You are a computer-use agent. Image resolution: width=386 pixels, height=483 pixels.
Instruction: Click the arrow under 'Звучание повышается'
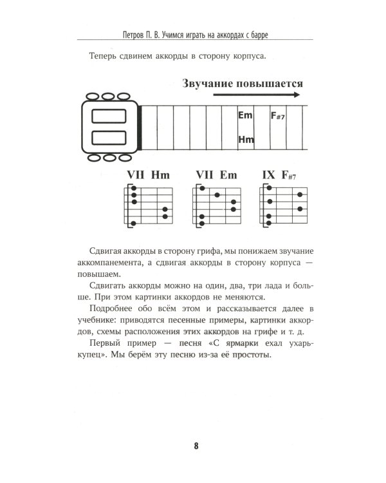[256, 95]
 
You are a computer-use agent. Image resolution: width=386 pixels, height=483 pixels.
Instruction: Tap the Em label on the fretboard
[245, 115]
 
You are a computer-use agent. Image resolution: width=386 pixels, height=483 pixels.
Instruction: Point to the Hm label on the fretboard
[246, 139]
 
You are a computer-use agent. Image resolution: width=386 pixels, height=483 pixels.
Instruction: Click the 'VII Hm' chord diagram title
[148, 175]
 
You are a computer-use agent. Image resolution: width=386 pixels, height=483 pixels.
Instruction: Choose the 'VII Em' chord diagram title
[216, 175]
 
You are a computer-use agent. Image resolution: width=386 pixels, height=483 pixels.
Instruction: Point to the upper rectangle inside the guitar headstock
[107, 117]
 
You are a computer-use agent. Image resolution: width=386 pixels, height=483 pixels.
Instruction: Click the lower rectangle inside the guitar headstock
[107, 138]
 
